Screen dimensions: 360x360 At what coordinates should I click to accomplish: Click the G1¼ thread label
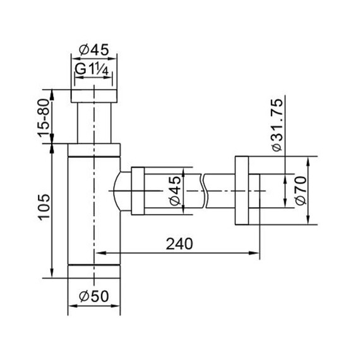coord(93,69)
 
